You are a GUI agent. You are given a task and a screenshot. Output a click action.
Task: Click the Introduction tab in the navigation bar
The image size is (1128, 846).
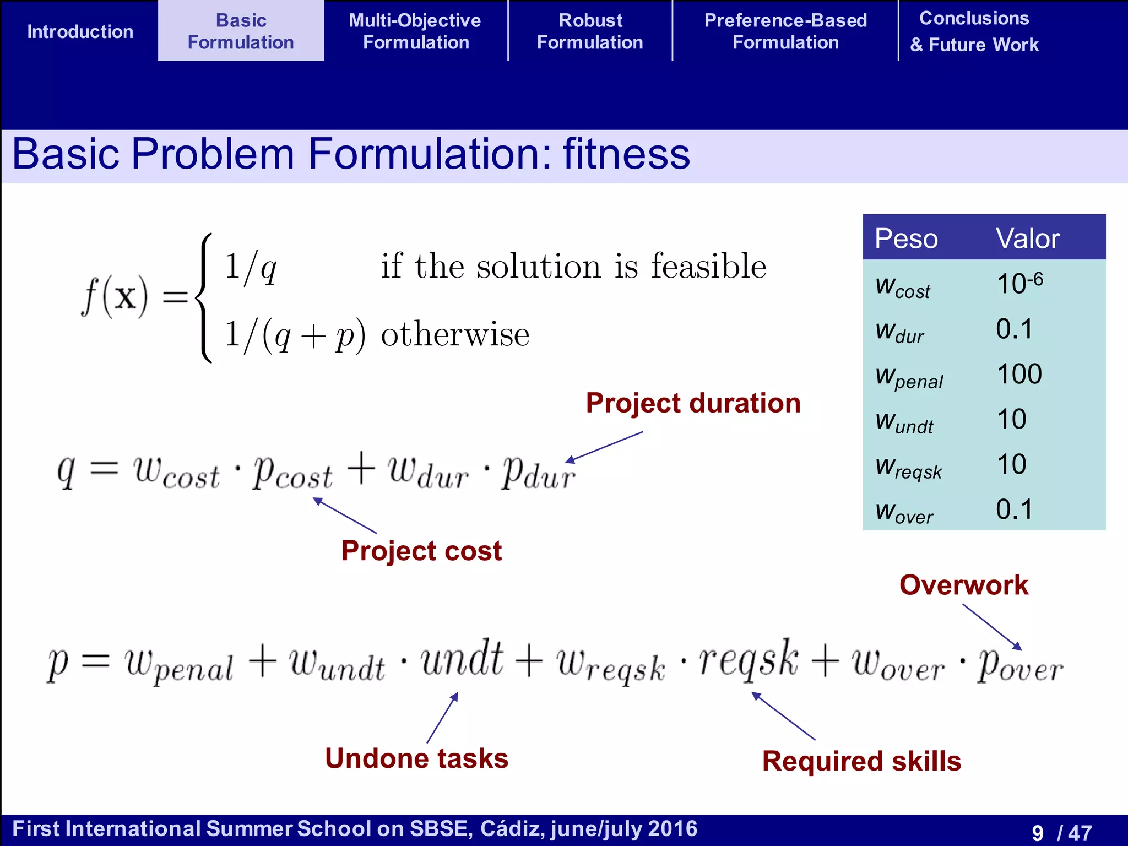point(80,31)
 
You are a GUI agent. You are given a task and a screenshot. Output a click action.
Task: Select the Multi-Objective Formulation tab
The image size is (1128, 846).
point(415,31)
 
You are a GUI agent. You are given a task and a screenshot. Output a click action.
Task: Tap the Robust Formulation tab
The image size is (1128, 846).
point(590,31)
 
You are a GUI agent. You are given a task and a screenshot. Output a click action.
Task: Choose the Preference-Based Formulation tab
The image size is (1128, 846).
point(785,31)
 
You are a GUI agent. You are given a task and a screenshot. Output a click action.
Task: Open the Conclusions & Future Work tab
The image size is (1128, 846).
point(974,31)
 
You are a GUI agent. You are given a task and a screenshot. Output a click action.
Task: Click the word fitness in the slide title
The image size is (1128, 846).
point(626,154)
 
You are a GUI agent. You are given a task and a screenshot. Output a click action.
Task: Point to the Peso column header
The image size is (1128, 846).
point(906,238)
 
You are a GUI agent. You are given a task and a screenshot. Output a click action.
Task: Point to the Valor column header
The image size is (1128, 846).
point(1027,238)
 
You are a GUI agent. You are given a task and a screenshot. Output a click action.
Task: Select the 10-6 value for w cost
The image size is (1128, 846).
point(1019,284)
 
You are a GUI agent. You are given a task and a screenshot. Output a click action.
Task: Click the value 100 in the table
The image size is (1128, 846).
point(1019,374)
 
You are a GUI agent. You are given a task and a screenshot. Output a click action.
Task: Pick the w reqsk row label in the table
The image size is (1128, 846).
point(909,468)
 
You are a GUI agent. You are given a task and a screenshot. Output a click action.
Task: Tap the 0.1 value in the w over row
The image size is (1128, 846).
point(1014,509)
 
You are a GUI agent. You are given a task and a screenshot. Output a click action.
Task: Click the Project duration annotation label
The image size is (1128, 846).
point(693,403)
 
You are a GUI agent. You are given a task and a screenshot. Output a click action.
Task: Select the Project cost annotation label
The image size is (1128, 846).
point(421,551)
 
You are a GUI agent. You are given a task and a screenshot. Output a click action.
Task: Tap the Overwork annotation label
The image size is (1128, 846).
point(964,585)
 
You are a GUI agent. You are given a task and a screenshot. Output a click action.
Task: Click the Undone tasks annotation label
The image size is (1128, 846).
point(416,758)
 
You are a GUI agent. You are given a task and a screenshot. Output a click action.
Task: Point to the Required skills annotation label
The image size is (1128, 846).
point(861,762)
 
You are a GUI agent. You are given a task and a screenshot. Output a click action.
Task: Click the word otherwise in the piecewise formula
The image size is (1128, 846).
point(455,334)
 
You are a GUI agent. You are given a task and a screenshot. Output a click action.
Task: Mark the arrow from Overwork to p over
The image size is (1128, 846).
point(992,627)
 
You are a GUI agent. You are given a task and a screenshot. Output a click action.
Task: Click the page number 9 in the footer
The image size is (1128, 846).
point(1038,833)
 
